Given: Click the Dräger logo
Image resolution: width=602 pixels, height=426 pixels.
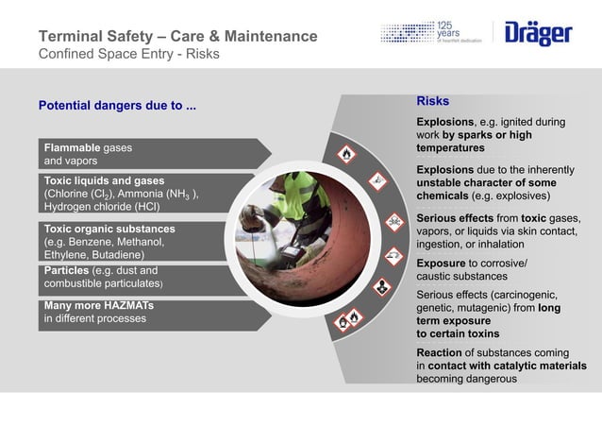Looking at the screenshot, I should click(539, 33).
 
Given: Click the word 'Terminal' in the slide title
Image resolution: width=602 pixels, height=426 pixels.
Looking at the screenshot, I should click(72, 37).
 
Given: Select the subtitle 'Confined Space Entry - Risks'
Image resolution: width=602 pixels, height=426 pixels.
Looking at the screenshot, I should click(128, 55).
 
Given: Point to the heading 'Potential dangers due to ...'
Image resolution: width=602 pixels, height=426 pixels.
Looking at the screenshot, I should click(117, 105).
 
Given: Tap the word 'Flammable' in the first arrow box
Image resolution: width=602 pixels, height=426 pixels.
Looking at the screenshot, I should click(71, 148).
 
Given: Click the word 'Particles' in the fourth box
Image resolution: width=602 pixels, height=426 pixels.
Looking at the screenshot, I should click(65, 271).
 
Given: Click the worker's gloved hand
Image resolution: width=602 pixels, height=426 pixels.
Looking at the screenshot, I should click(251, 219).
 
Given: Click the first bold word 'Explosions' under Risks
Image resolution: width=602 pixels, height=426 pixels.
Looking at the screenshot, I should click(444, 122).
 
